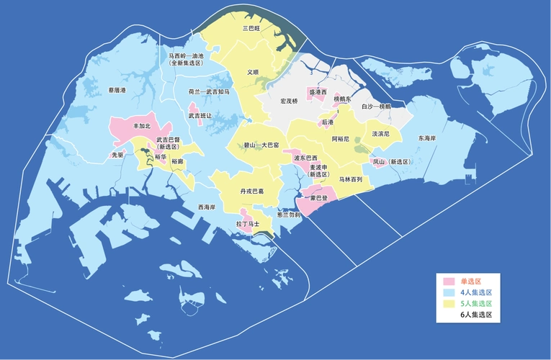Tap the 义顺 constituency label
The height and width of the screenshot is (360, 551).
[x=252, y=72]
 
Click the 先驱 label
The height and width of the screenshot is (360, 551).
[x=117, y=154]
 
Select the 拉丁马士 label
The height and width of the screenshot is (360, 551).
[x=248, y=225]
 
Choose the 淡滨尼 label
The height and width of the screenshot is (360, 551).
[x=381, y=134]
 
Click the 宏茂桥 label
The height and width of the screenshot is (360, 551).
[x=289, y=101]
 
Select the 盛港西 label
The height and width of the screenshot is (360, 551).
[x=318, y=92]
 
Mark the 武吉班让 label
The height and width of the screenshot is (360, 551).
[x=200, y=115]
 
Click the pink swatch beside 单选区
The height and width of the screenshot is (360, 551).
[x=449, y=281]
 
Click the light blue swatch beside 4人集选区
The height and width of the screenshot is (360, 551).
[x=449, y=292]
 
